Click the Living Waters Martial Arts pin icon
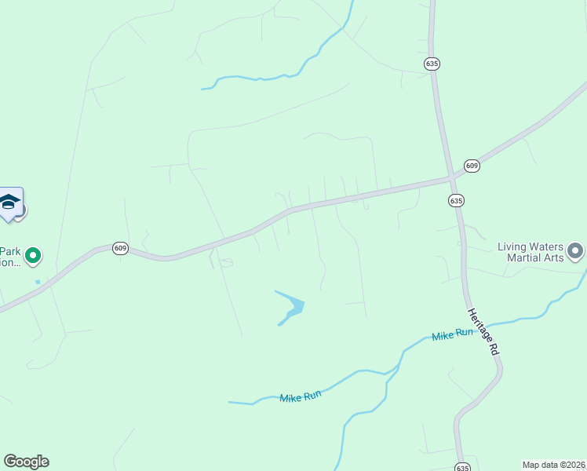pos(576,251)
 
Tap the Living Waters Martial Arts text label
pos(530,252)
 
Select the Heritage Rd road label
pos(483,332)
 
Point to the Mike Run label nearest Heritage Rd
pos(453,334)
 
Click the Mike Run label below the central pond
pos(301,396)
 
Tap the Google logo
pos(26,462)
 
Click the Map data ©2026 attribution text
pos(553,465)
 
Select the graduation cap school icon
pos(10,203)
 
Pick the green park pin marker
pos(33,255)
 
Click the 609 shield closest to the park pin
pos(119,247)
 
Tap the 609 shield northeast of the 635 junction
pos(472,165)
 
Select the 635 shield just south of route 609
pos(456,200)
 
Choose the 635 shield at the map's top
pos(431,63)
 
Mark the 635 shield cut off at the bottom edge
pos(462,467)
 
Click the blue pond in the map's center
pos(293,309)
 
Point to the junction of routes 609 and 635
pos(451,179)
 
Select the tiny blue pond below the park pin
pos(37,281)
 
